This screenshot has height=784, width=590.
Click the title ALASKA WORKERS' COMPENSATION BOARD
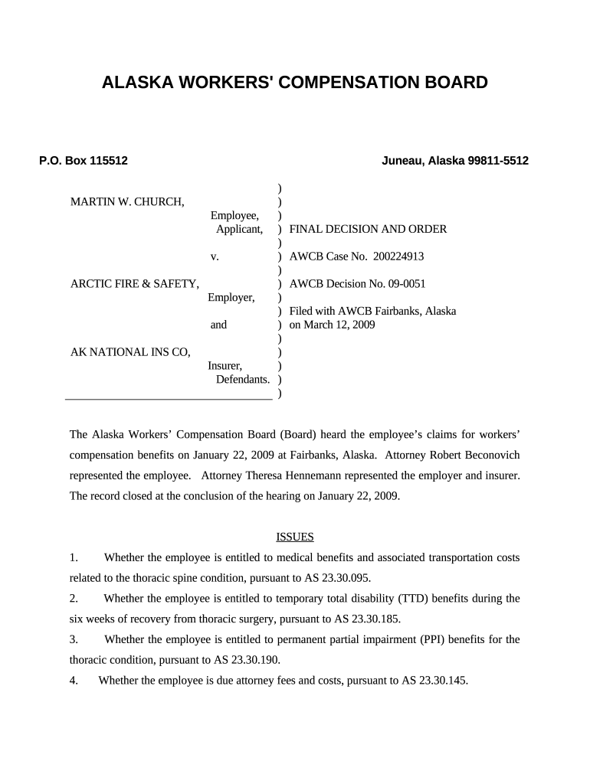(x=294, y=83)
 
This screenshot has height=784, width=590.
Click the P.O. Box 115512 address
(x=84, y=161)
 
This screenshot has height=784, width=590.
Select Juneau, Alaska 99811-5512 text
(x=455, y=161)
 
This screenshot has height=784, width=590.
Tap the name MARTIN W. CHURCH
(x=127, y=201)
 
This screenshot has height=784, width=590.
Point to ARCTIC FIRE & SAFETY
(x=135, y=283)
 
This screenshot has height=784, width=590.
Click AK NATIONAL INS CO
(x=130, y=352)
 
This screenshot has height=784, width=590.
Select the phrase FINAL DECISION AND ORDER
(x=368, y=229)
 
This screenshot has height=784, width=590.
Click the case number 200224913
(x=398, y=256)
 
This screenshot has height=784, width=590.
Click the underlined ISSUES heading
(x=295, y=537)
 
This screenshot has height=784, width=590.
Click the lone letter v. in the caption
(x=215, y=256)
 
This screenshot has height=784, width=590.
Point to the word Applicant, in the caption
(x=239, y=229)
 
